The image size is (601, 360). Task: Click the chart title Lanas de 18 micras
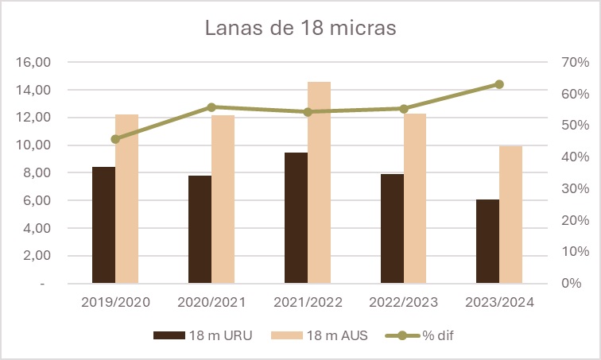(x=300, y=28)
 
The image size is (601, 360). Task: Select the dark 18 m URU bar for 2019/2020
(x=103, y=225)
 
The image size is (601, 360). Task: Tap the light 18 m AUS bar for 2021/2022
(x=320, y=182)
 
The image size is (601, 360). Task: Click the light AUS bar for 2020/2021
(x=223, y=199)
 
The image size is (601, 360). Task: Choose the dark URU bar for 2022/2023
(x=392, y=229)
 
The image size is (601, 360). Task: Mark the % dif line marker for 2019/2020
(x=115, y=139)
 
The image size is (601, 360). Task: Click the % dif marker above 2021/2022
(x=308, y=112)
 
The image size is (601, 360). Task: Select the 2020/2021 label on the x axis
(x=211, y=302)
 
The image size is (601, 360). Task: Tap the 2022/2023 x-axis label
(x=404, y=302)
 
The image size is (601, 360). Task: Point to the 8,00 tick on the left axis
(x=39, y=173)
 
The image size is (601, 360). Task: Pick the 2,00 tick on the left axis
(x=39, y=256)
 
